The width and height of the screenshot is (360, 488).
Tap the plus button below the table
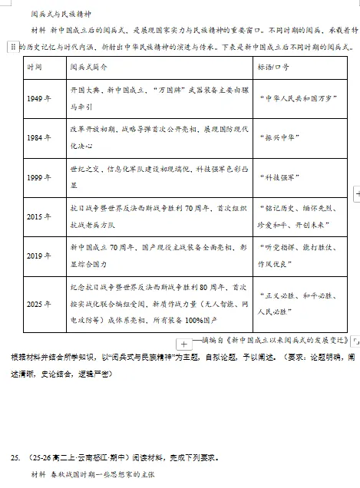coord(184,341)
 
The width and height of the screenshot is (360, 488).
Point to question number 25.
coord(15,458)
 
